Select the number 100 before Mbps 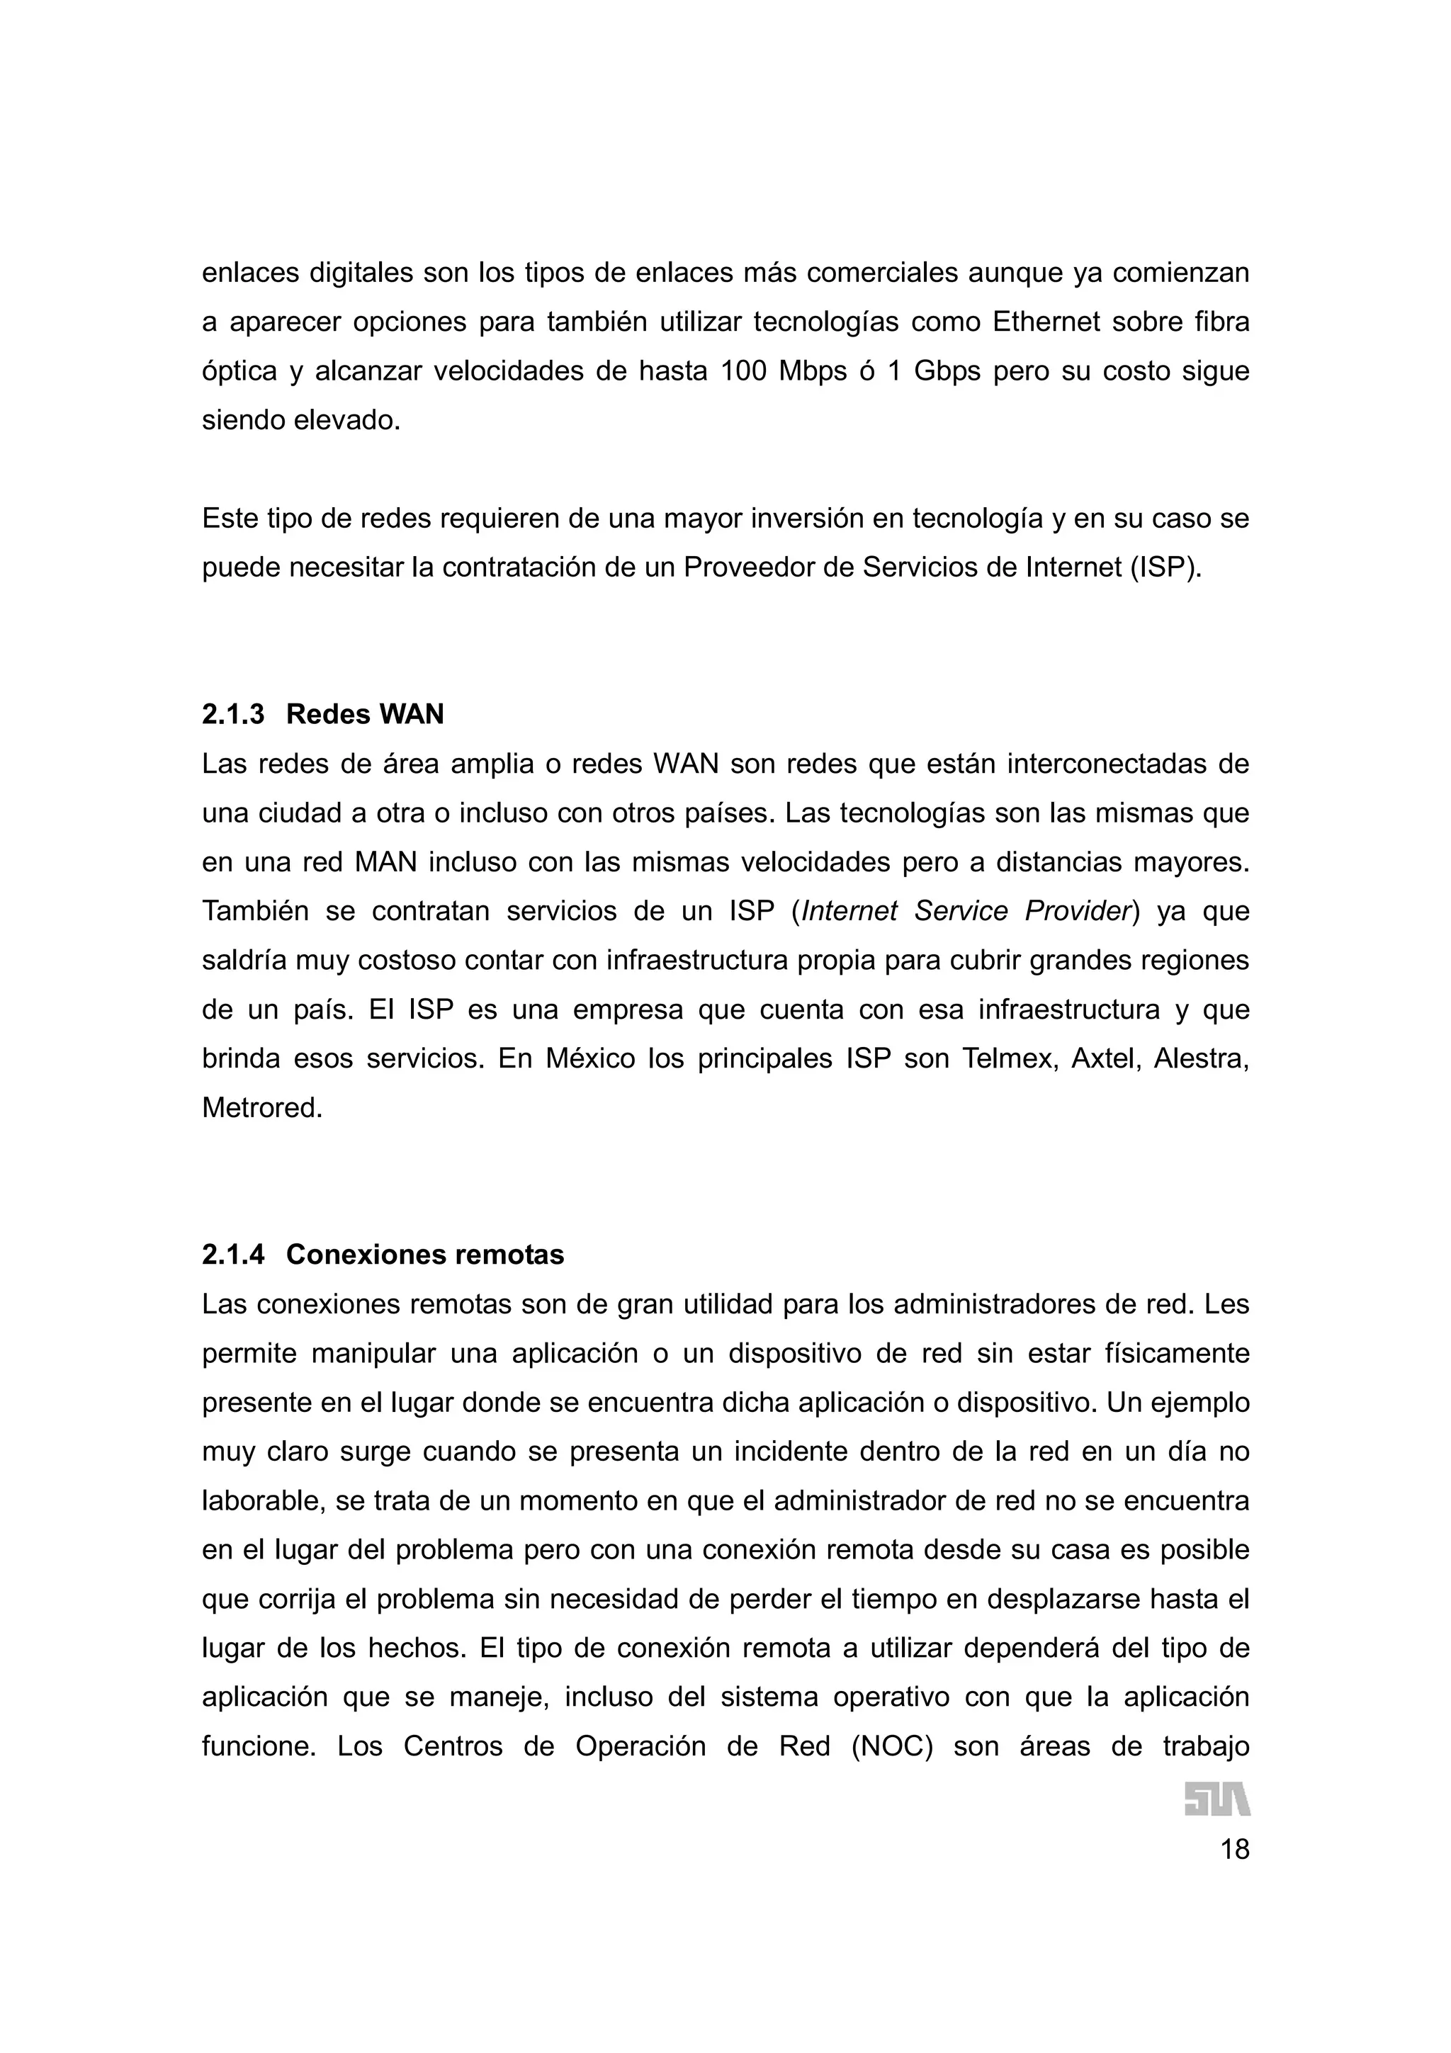point(743,371)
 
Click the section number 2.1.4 point(232,1255)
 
